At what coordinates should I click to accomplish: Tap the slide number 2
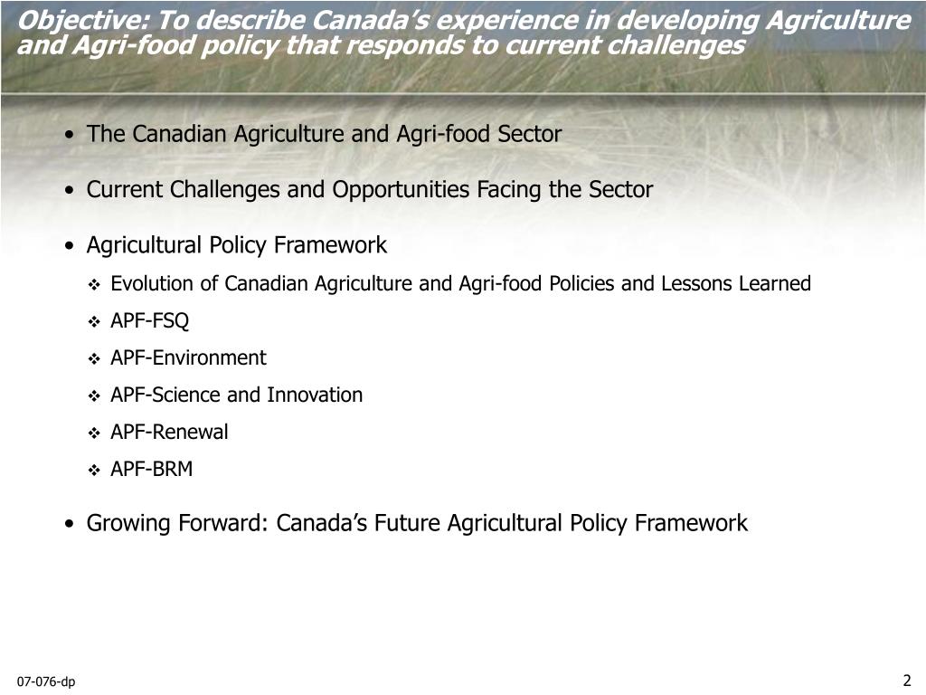coord(906,681)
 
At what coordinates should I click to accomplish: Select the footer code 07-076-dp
coord(45,681)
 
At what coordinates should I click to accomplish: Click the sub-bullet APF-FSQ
coord(150,320)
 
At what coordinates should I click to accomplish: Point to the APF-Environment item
coord(188,357)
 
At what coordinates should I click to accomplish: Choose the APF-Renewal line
coord(169,432)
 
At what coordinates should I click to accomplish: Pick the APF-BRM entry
coord(151,469)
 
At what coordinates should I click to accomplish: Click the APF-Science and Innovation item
coord(236,395)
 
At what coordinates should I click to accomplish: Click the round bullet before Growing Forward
coord(70,524)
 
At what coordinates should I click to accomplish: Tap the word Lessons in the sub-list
coord(696,283)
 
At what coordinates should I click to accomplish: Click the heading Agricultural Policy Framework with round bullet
coord(236,245)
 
